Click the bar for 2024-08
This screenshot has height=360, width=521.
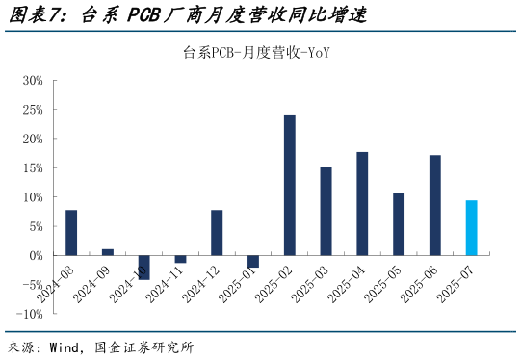71,233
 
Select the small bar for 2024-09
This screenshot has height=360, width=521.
108,252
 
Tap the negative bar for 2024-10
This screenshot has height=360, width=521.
143,267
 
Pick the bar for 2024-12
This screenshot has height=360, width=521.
217,233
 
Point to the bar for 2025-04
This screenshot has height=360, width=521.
362,204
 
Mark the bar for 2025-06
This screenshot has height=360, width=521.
435,205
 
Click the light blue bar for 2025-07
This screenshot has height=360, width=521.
471,228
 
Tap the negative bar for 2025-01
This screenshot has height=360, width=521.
253,261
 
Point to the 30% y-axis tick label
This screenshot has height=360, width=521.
33,81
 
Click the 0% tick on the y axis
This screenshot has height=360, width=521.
36,256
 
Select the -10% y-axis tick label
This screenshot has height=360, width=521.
30,315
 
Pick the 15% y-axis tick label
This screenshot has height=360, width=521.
33,168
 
